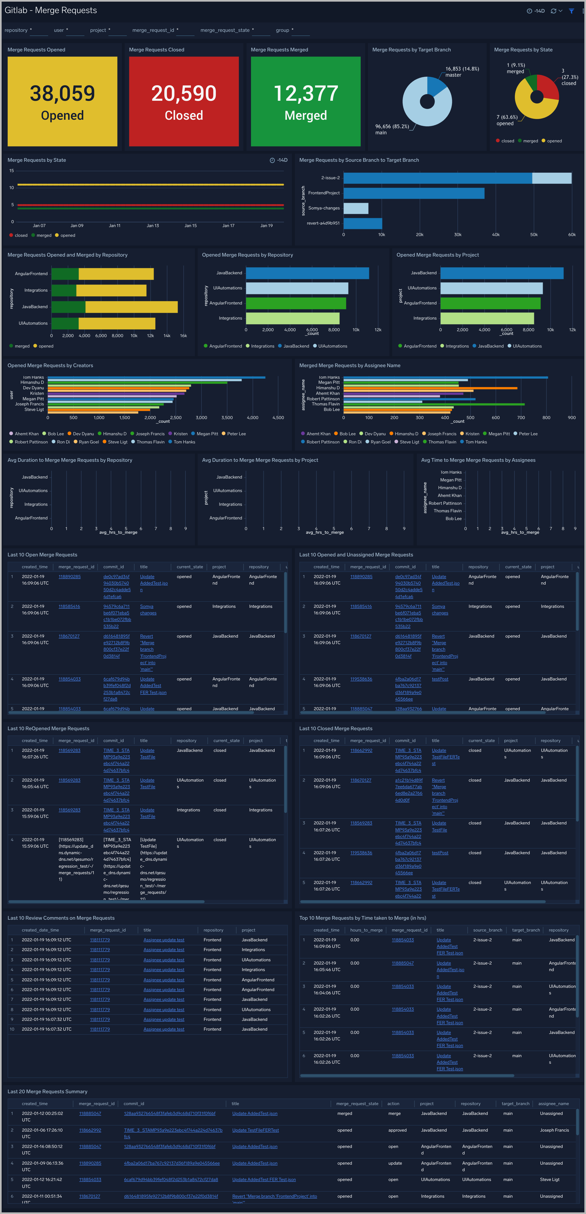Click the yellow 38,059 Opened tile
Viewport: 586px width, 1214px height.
[x=62, y=101]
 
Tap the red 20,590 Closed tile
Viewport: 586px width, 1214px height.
[x=184, y=101]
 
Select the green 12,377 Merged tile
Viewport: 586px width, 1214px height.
[x=305, y=101]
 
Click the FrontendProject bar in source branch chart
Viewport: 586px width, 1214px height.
[x=414, y=193]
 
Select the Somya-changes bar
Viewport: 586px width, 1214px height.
[x=356, y=208]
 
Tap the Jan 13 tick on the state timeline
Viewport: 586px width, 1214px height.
[x=153, y=226]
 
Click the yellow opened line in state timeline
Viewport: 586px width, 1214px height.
[x=151, y=184]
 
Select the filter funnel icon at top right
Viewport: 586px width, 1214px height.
[x=571, y=11]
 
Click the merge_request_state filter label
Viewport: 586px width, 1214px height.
[x=225, y=30]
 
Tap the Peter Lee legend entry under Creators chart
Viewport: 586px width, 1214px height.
[x=236, y=434]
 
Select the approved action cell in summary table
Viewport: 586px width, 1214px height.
[x=397, y=1130]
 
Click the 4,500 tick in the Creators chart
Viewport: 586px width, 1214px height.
[x=278, y=418]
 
